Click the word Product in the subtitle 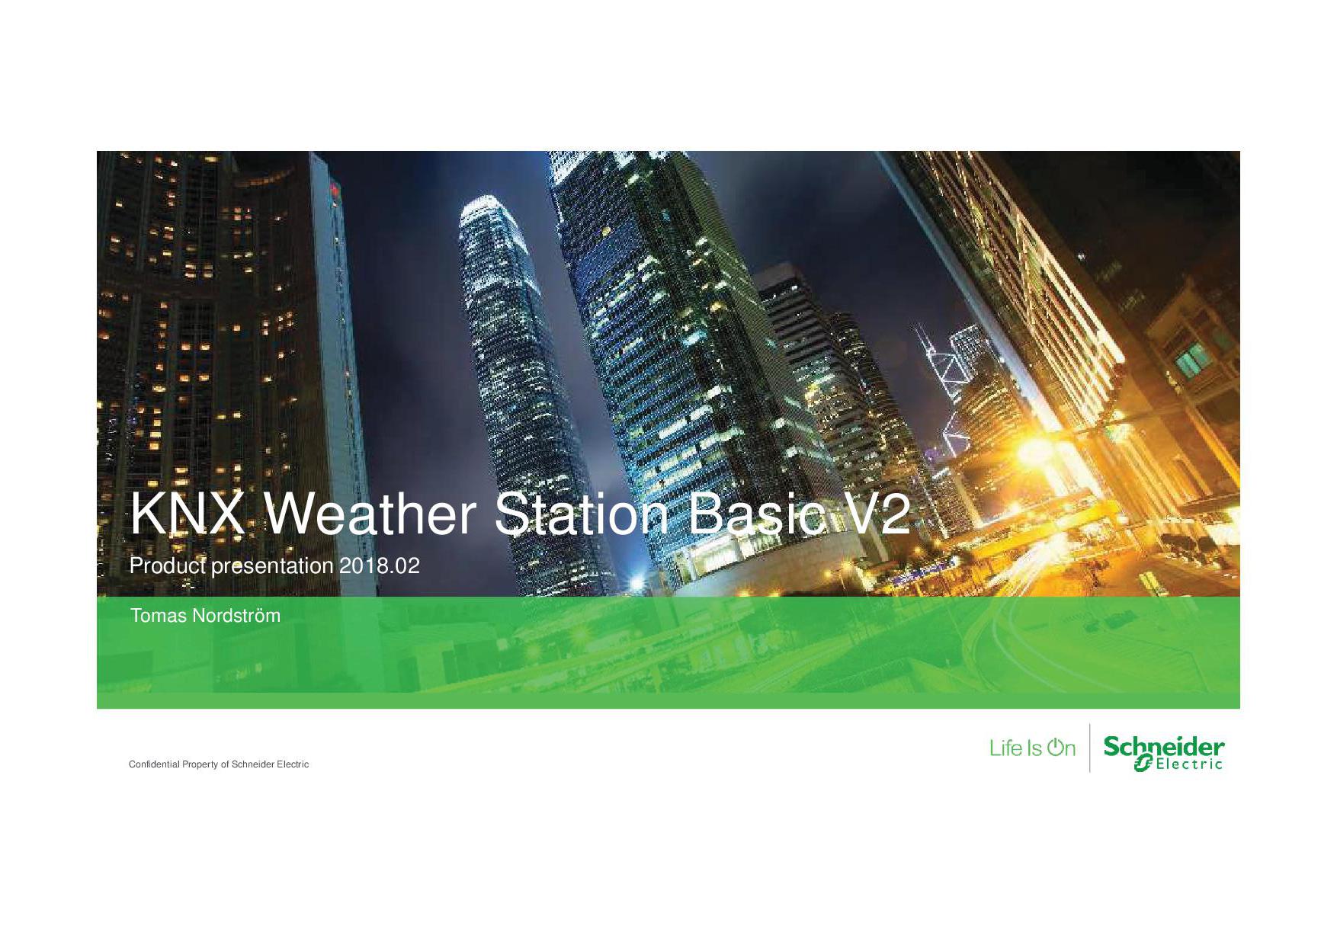click(x=162, y=567)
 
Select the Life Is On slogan click(x=1032, y=748)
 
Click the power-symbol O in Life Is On click(x=1056, y=748)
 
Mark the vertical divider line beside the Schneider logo click(x=1089, y=748)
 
